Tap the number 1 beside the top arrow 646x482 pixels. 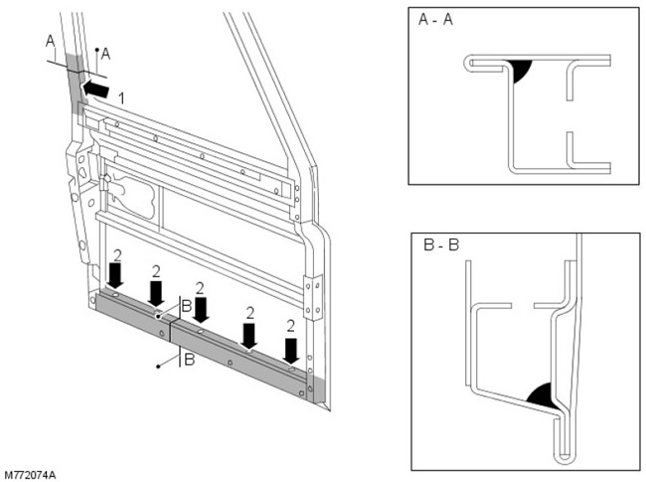coord(121,97)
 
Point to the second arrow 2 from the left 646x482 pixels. coord(156,293)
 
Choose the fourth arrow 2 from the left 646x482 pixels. coord(248,334)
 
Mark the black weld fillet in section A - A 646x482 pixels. coord(518,71)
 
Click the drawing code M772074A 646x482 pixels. coord(30,474)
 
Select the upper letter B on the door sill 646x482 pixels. coord(186,304)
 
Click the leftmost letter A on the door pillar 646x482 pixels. coord(50,41)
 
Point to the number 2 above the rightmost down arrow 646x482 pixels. coord(290,326)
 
